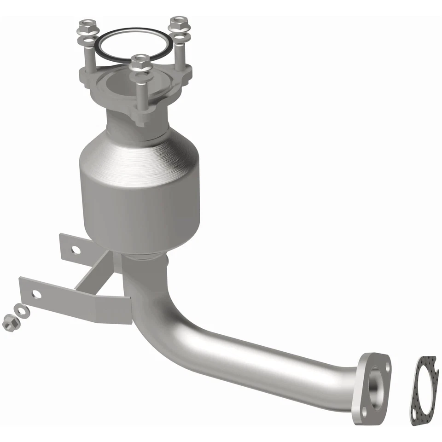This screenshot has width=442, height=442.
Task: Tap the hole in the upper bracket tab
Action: (75, 250)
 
